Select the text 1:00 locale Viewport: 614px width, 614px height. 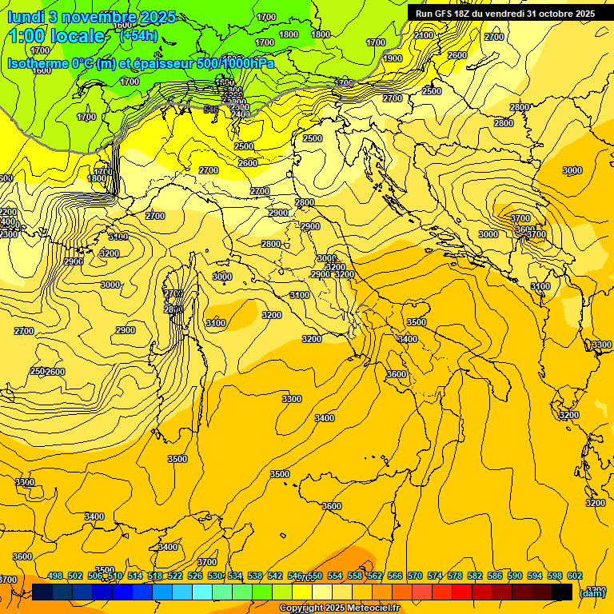tap(57, 36)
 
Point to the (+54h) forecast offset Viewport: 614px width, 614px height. tap(138, 36)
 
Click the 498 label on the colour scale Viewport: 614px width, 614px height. tap(55, 576)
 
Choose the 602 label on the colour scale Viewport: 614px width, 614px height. tap(574, 576)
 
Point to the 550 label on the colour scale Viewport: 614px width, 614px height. tap(314, 576)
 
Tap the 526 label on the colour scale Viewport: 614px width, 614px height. tap(195, 576)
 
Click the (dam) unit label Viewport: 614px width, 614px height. tap(592, 592)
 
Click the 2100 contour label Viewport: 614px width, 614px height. tap(424, 35)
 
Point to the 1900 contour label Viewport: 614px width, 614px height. tap(393, 58)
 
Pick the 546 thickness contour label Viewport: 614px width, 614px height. tap(211, 110)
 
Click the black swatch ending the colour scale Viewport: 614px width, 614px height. tap(562, 592)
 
